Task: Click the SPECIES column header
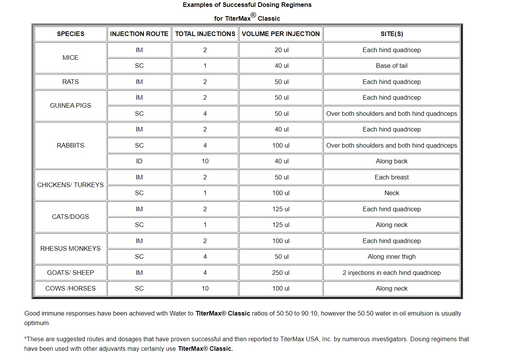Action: [x=71, y=34]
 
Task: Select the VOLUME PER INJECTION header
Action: [x=281, y=34]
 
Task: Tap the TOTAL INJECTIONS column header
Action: [x=205, y=34]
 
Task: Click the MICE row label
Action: [x=71, y=58]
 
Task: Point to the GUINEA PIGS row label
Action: [x=71, y=105]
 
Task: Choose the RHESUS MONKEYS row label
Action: [x=71, y=248]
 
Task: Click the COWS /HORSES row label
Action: [x=71, y=288]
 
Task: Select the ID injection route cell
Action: [x=139, y=161]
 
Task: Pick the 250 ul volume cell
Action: [x=281, y=273]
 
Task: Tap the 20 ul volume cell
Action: [x=282, y=50]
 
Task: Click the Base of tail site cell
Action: [x=392, y=66]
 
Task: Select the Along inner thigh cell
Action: [x=392, y=256]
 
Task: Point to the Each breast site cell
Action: [x=392, y=177]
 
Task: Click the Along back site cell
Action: [x=392, y=161]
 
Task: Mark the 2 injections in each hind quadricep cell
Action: [x=392, y=273]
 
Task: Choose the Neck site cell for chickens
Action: [x=392, y=193]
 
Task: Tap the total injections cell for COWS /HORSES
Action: [x=205, y=288]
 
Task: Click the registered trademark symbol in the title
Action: [x=253, y=15]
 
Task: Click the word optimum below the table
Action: [x=37, y=323]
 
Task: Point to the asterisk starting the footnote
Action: [x=25, y=338]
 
